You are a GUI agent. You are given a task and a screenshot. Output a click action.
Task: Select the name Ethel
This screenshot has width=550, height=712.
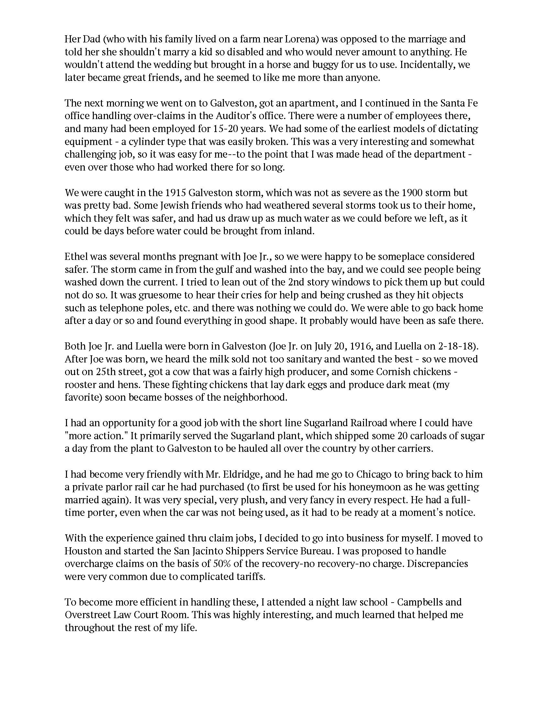pyautogui.click(x=75, y=256)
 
